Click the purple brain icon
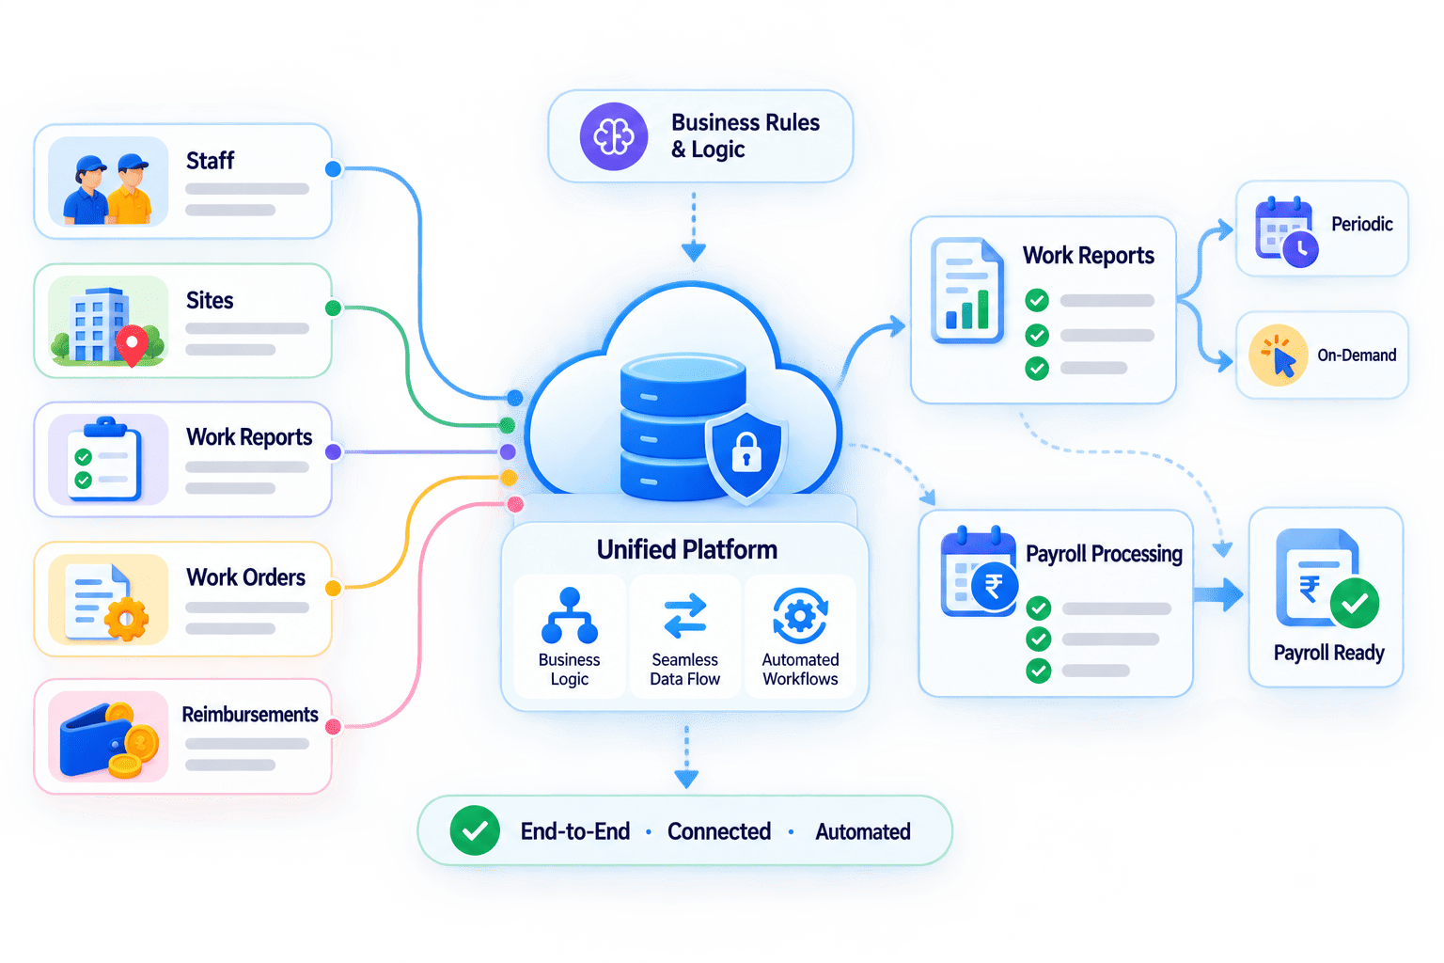point(613,136)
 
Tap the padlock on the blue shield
point(746,452)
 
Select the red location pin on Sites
point(133,345)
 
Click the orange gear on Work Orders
point(126,619)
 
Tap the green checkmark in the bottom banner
point(475,830)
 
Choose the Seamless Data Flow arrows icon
point(684,615)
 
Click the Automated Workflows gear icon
point(800,616)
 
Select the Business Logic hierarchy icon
point(569,615)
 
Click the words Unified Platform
point(686,549)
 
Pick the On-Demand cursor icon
point(1278,355)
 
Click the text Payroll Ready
point(1328,653)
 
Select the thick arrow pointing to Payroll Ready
point(1217,594)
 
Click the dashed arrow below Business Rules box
point(694,227)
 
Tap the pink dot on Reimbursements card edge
point(334,727)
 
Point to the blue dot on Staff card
point(334,169)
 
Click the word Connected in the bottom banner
point(719,831)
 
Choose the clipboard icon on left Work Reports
point(104,459)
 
